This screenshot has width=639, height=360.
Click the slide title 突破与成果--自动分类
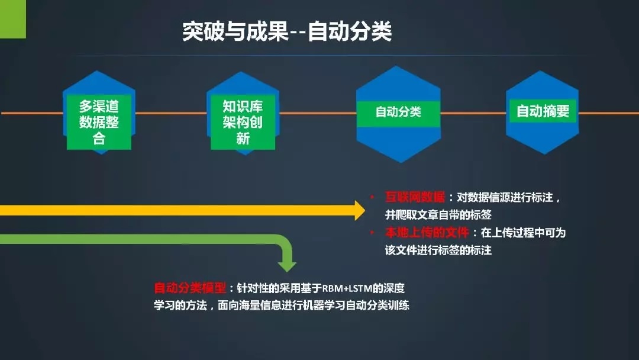pyautogui.click(x=287, y=31)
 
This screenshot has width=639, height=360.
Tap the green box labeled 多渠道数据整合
pyautogui.click(x=99, y=122)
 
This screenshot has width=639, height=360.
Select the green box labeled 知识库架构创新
pyautogui.click(x=243, y=122)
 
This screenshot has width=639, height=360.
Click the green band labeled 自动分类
pyautogui.click(x=398, y=114)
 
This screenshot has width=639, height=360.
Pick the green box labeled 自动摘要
pyautogui.click(x=543, y=111)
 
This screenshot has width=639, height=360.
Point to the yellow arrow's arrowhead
pyautogui.click(x=360, y=210)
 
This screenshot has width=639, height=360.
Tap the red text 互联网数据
pyautogui.click(x=415, y=197)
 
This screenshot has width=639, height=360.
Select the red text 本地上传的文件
pyautogui.click(x=427, y=232)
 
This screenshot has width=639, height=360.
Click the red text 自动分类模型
pyautogui.click(x=190, y=288)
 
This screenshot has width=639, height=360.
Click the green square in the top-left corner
pyautogui.click(x=13, y=19)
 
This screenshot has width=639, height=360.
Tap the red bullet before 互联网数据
pyautogui.click(x=372, y=197)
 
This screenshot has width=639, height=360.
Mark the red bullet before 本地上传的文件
pyautogui.click(x=372, y=232)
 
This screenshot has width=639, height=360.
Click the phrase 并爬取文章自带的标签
pyautogui.click(x=438, y=215)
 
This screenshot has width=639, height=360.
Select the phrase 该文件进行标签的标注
pyautogui.click(x=438, y=250)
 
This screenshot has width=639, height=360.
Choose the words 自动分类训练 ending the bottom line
pyautogui.click(x=377, y=306)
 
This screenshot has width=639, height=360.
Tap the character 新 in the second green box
pyautogui.click(x=243, y=138)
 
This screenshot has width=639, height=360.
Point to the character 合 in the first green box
pyautogui.click(x=99, y=138)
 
